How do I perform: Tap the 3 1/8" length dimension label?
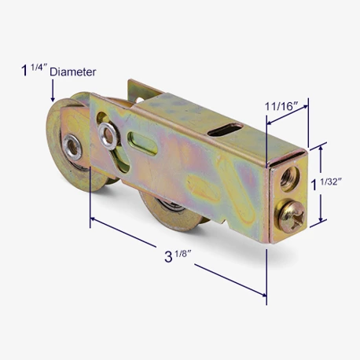tap(178, 256)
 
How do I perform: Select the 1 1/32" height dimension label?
tap(326, 184)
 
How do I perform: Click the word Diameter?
tap(73, 72)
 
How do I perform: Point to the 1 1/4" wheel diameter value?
tap(34, 70)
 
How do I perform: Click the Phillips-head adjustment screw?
tap(292, 216)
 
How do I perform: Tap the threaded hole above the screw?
tap(290, 178)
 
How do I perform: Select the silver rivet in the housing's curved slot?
tap(108, 136)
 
